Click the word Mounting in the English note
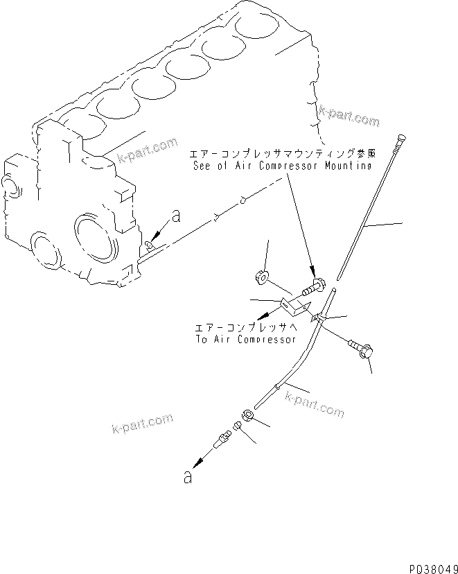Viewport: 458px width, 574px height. [349, 166]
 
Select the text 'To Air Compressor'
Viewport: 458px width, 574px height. [245, 340]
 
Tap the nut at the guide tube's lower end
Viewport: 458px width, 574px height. [247, 418]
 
